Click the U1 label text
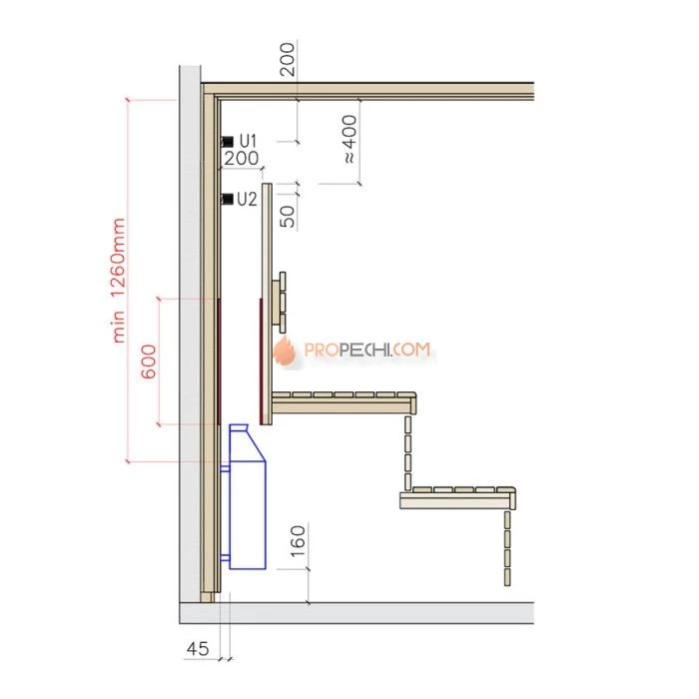click(249, 141)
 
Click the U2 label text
click(247, 199)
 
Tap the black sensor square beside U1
click(228, 142)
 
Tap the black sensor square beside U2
click(228, 199)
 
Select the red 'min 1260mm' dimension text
click(118, 280)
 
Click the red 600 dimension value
click(149, 361)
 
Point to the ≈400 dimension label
click(349, 139)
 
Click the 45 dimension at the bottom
click(198, 648)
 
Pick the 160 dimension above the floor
click(298, 541)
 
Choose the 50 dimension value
click(288, 217)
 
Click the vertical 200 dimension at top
click(288, 59)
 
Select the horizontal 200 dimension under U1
click(241, 158)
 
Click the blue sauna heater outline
click(247, 496)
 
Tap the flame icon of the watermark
click(285, 351)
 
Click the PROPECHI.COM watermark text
click(367, 349)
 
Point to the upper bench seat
click(345, 402)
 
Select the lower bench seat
click(458, 498)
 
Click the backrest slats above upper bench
click(280, 302)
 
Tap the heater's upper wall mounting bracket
click(225, 468)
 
